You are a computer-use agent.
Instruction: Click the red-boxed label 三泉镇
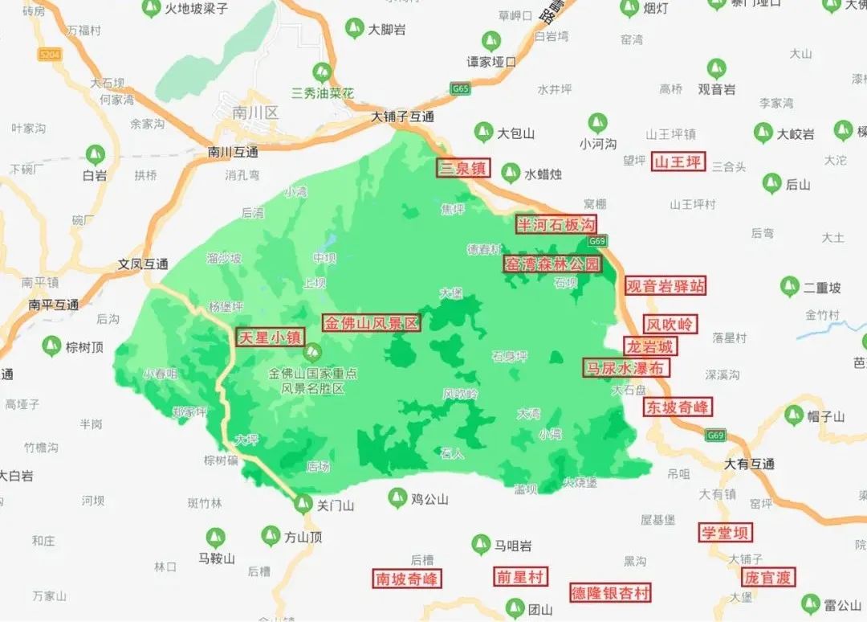pos(463,168)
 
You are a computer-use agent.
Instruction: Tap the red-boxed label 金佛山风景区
pos(372,323)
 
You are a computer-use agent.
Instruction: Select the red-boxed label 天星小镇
pos(269,338)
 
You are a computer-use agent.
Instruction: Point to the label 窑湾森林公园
pos(552,264)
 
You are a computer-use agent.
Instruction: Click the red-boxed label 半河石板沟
pos(556,224)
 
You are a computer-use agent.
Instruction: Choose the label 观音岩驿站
pos(666,285)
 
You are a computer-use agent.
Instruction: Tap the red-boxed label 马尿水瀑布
pos(625,368)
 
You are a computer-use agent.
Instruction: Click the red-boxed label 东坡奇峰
pos(678,407)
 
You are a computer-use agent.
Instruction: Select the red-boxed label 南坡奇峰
pos(408,578)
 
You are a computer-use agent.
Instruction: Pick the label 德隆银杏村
pos(610,593)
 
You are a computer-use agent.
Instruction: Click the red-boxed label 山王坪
pos(678,162)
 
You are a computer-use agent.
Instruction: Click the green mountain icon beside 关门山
pos(303,504)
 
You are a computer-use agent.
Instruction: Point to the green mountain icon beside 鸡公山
pos(397,497)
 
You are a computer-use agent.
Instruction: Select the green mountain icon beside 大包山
pos(483,132)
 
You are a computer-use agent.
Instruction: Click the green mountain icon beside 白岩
pos(95,152)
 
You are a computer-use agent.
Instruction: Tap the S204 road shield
pos(49,54)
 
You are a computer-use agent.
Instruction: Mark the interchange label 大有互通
pos(749,464)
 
